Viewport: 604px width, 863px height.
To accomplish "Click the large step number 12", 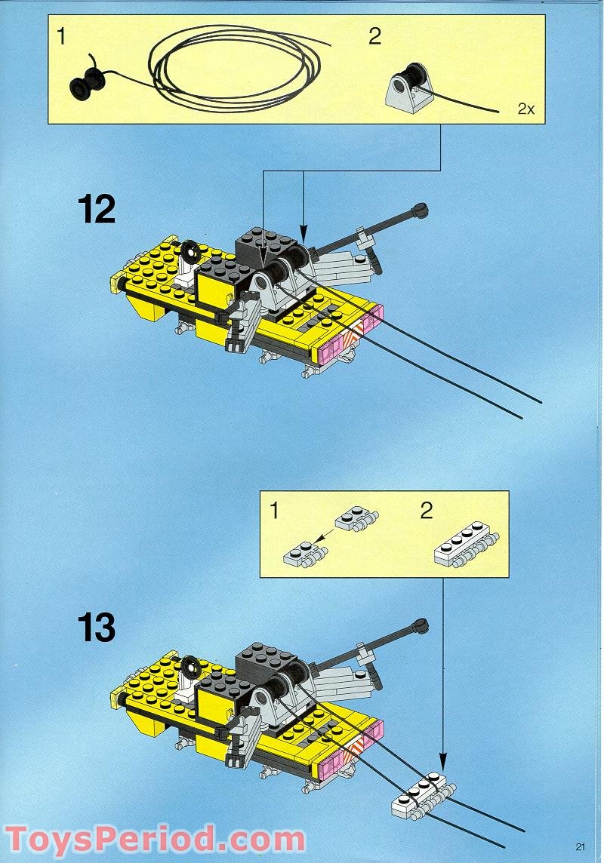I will (97, 209).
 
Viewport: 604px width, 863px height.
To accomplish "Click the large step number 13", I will (97, 627).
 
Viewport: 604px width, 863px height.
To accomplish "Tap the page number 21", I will (580, 846).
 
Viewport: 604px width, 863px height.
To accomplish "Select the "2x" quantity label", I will (525, 109).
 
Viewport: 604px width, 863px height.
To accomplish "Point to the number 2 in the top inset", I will (374, 37).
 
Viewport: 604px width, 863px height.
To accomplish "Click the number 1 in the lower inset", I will (274, 511).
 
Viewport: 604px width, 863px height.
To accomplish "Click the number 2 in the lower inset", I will (427, 511).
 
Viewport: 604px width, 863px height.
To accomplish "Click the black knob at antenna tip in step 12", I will (421, 209).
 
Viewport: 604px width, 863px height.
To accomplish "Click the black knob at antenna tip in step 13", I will (421, 625).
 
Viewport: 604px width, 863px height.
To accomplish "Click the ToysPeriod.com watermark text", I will (155, 840).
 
